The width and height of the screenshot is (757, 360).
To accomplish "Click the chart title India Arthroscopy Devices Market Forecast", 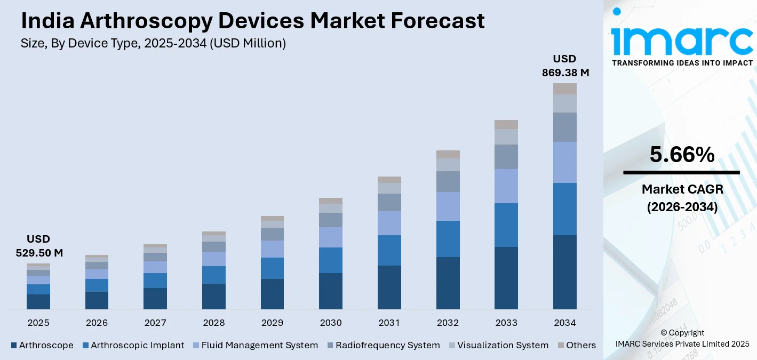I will click(253, 21).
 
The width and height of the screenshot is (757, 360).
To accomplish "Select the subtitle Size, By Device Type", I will click(153, 44).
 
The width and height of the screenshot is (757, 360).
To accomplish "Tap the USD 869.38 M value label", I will click(565, 66).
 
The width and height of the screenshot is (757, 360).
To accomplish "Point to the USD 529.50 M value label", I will click(38, 246).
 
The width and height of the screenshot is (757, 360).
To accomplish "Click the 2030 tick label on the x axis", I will click(331, 323).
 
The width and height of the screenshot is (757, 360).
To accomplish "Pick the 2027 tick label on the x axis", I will click(155, 323).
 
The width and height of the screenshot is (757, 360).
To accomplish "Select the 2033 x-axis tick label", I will click(506, 323).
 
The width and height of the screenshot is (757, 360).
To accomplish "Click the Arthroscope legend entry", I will click(42, 345).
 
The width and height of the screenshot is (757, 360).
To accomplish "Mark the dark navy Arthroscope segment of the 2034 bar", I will click(565, 272).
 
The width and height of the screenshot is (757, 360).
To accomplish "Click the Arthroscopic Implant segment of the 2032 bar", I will click(448, 239).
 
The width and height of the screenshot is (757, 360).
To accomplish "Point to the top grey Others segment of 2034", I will click(565, 89).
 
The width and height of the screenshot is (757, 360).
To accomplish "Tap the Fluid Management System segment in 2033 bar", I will click(506, 186).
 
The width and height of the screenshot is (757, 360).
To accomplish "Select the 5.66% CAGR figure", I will click(682, 155).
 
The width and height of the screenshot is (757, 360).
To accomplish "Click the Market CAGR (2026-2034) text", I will click(682, 198).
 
